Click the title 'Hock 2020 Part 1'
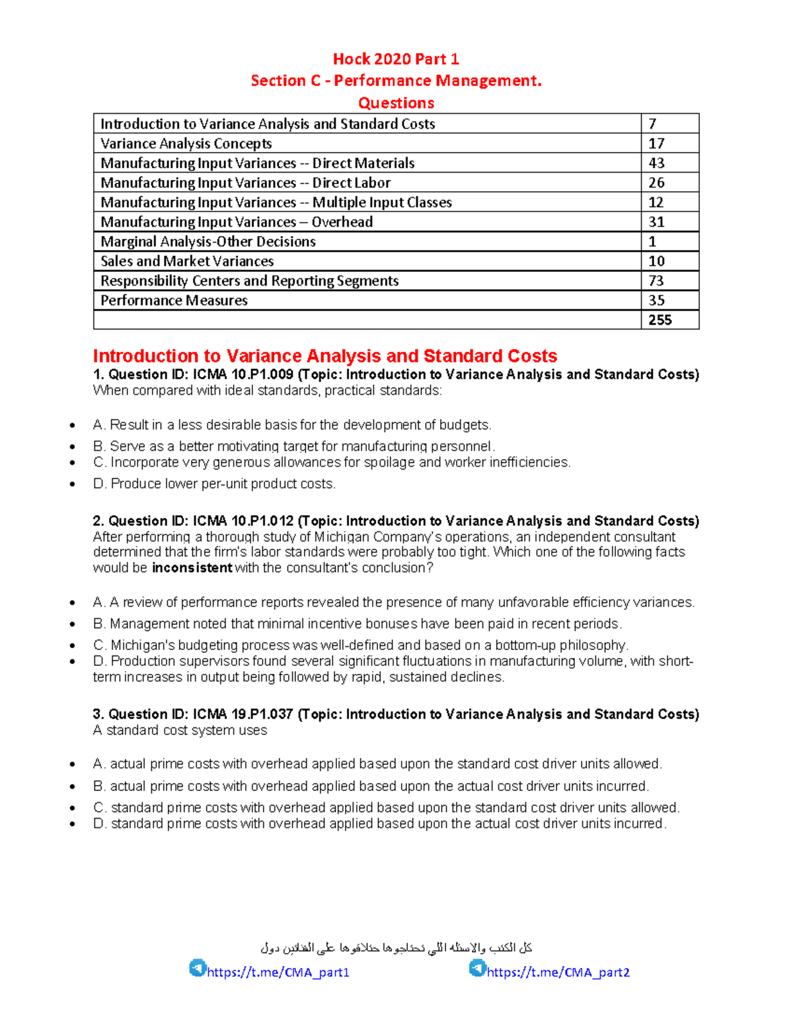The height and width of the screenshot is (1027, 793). click(x=396, y=60)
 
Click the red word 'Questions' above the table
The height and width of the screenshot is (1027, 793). click(x=396, y=103)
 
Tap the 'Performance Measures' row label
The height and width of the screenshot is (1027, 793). click(x=174, y=301)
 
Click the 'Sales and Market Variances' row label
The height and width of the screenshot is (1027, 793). click(x=187, y=261)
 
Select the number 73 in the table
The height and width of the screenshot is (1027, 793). click(x=656, y=281)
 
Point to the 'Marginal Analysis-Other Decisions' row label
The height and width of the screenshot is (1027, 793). click(x=208, y=242)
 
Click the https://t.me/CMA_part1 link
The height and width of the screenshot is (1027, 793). click(x=278, y=972)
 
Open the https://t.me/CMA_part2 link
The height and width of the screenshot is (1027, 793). click(x=558, y=972)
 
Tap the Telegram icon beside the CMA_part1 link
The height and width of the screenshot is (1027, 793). click(x=197, y=968)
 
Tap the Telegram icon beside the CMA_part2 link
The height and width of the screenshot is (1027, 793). click(x=477, y=968)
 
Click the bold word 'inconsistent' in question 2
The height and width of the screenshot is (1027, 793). click(x=192, y=568)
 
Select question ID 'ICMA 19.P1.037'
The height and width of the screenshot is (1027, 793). click(x=243, y=714)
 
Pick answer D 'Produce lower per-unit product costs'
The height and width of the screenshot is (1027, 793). click(x=215, y=484)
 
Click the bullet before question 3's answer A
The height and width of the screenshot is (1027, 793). click(x=73, y=765)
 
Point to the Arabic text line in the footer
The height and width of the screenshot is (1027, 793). click(x=396, y=948)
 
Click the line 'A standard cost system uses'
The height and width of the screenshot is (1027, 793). click(x=180, y=731)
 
